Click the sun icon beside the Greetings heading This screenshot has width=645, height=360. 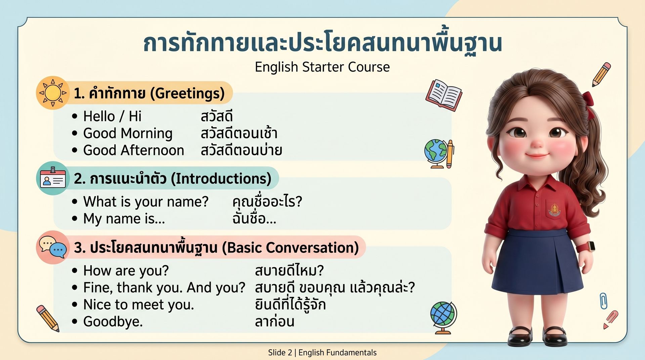coord(53,93)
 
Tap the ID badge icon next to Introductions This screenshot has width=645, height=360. coord(53,178)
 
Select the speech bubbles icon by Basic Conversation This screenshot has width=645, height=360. coord(53,247)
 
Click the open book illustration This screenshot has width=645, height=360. coord(444,95)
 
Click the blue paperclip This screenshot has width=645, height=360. coord(603,301)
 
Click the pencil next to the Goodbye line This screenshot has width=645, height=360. coord(48,318)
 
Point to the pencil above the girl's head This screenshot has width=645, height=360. coord(601,74)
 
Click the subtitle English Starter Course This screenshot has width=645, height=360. coord(322,67)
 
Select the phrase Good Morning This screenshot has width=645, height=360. coord(128,133)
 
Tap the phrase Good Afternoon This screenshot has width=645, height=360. coord(134,150)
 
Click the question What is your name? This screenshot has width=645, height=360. coord(146,202)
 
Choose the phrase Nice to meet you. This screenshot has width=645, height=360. coord(138,305)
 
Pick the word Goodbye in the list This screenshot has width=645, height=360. coord(113,322)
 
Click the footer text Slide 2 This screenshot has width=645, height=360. coord(280,353)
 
